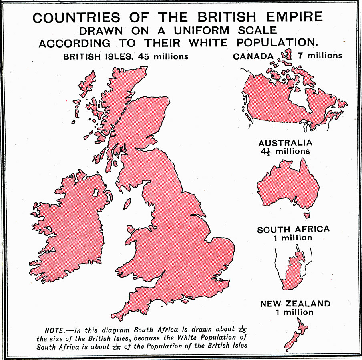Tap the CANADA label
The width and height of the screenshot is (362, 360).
pyautogui.click(x=253, y=56)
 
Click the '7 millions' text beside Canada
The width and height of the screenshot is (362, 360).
pyautogui.click(x=320, y=56)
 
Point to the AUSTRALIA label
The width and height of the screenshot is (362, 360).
pyautogui.click(x=286, y=143)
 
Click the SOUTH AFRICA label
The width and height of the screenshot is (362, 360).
pyautogui.click(x=294, y=230)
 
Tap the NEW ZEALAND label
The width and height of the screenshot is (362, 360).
pyautogui.click(x=296, y=304)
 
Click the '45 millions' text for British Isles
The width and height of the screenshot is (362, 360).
pyautogui.click(x=163, y=56)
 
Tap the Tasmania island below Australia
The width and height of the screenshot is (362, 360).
pyautogui.click(x=307, y=215)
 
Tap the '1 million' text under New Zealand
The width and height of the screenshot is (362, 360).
pyautogui.click(x=294, y=312)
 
